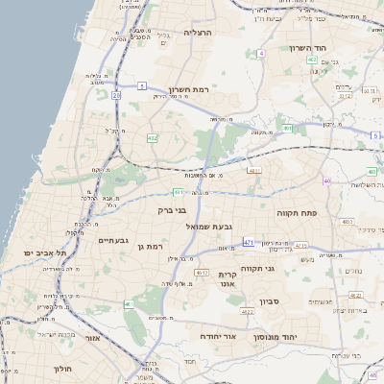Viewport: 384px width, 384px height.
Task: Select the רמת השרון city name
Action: point(187,87)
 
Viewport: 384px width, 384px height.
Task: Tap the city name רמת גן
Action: point(154,247)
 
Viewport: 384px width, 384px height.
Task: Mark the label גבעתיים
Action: point(113,240)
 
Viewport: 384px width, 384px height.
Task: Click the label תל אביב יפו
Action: point(43,252)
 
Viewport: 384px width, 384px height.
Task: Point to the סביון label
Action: point(268,301)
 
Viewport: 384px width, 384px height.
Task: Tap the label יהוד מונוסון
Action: point(276,338)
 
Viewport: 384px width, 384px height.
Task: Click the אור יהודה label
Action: point(218,337)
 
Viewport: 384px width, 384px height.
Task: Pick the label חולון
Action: point(60,368)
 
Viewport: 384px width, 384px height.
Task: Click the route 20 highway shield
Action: point(116,95)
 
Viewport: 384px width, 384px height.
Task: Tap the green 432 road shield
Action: point(152,138)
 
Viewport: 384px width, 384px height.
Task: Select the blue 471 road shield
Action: point(249,242)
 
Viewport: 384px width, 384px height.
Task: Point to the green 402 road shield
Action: point(312,60)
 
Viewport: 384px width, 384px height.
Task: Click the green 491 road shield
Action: point(288,128)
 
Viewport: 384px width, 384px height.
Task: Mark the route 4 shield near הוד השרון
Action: point(261,53)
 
